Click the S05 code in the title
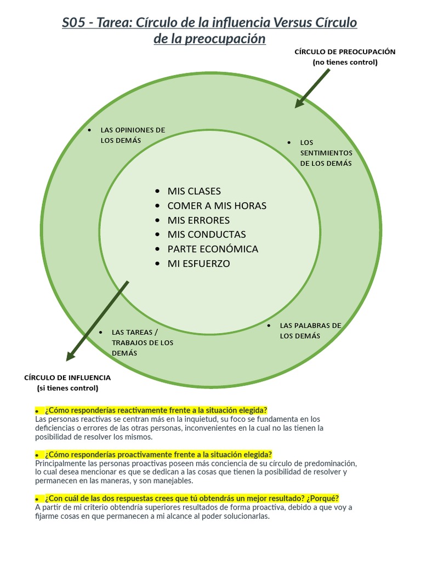75,23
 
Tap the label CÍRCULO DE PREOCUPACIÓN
345,52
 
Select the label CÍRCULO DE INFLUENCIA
67,377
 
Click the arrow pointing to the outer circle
312,88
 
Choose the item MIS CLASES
194,191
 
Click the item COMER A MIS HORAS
217,206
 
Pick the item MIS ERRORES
198,220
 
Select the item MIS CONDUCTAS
207,234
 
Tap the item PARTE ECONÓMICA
213,249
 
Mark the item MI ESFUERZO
198,264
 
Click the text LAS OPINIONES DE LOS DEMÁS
132,135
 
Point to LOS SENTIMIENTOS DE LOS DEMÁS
326,153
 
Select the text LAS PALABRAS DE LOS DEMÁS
310,330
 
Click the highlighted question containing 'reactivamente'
156,410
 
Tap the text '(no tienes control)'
345,62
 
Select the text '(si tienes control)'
67,388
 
